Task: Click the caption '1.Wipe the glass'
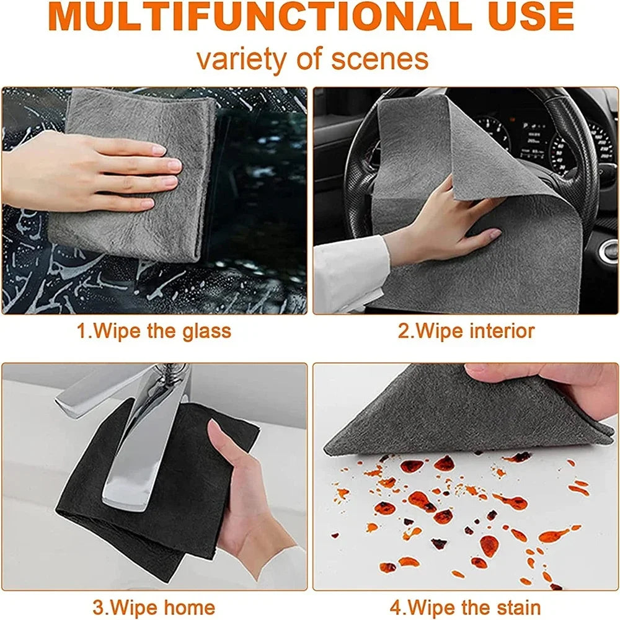point(153,330)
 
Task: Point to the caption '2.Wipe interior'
point(466,330)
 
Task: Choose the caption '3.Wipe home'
point(153,607)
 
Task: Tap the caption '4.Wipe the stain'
point(466,607)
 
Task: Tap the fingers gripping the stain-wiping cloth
point(546,381)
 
